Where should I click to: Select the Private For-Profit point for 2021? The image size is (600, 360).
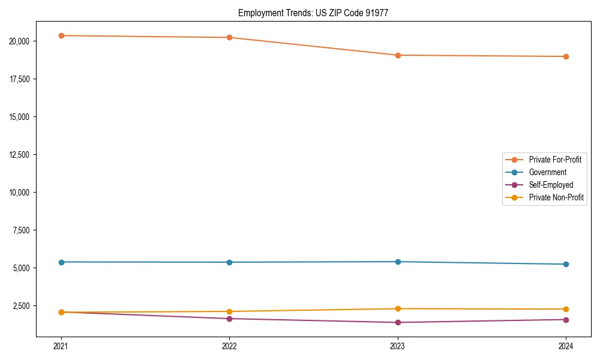click(x=61, y=35)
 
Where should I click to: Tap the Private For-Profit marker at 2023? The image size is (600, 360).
click(x=398, y=55)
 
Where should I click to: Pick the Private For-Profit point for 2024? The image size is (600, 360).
click(x=566, y=56)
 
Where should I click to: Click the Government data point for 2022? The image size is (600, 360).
click(x=229, y=262)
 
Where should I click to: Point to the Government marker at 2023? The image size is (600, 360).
click(x=398, y=262)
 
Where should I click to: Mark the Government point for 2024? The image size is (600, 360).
click(x=566, y=264)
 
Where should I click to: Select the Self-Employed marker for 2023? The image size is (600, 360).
click(x=398, y=322)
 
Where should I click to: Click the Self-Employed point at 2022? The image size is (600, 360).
click(x=229, y=319)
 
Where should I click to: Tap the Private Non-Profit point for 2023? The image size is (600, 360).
click(x=398, y=308)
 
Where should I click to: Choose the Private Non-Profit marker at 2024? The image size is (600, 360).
click(x=566, y=309)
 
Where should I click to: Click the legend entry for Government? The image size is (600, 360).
click(x=547, y=172)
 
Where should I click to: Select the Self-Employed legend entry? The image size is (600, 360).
click(x=551, y=185)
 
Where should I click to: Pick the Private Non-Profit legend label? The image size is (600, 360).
click(x=556, y=197)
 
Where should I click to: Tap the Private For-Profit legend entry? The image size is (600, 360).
click(x=555, y=160)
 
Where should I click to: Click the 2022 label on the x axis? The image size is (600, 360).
click(x=229, y=346)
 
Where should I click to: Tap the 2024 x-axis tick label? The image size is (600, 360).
click(x=566, y=346)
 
